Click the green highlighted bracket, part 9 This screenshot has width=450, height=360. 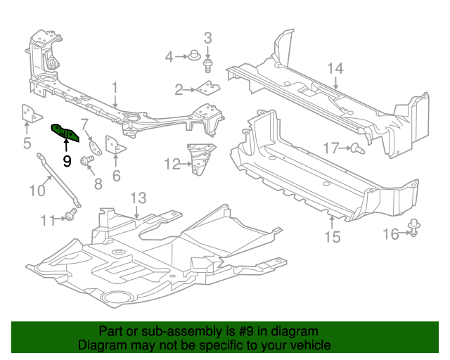pyautogui.click(x=65, y=133)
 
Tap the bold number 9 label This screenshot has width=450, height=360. pyautogui.click(x=67, y=162)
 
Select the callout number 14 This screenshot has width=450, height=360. pyautogui.click(x=335, y=68)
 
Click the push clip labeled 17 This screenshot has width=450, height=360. pyautogui.click(x=358, y=148)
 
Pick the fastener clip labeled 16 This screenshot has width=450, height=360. pyautogui.click(x=413, y=228)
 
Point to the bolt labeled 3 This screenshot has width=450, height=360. pyautogui.click(x=207, y=65)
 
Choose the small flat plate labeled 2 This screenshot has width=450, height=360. pyautogui.click(x=208, y=87)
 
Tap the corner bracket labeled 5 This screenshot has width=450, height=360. pyautogui.click(x=30, y=114)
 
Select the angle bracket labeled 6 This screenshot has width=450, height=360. pyautogui.click(x=115, y=146)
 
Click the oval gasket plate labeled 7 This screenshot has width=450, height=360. pyautogui.click(x=95, y=148)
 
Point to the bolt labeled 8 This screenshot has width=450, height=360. pyautogui.click(x=86, y=160)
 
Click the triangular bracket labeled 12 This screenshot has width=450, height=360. pyautogui.click(x=201, y=158)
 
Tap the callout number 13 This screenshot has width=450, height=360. pyautogui.click(x=139, y=198)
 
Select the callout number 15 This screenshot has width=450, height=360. pyautogui.click(x=332, y=237)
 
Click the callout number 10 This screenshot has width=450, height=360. pyautogui.click(x=37, y=191)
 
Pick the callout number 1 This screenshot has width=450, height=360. pyautogui.click(x=115, y=88)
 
